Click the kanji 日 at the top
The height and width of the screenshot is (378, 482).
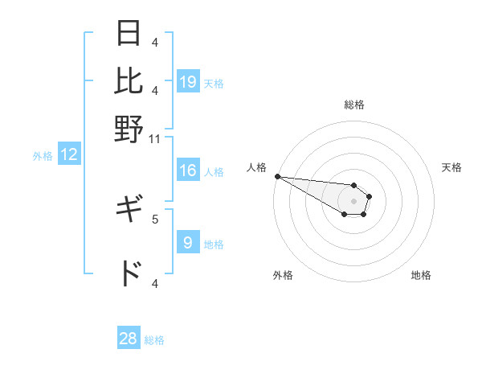tap(129, 34)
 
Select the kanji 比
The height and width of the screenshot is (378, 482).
tap(129, 80)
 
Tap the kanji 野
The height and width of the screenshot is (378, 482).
tap(129, 128)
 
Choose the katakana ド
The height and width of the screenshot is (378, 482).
tap(129, 274)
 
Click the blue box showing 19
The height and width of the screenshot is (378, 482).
tap(188, 82)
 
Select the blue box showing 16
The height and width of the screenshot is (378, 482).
tap(188, 171)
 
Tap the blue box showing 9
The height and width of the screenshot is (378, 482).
tap(188, 242)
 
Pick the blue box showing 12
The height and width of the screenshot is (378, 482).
tap(69, 155)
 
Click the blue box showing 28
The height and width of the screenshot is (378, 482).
tap(129, 339)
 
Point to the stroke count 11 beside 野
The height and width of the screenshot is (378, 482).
tap(155, 138)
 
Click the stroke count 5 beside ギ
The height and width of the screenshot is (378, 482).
tap(155, 217)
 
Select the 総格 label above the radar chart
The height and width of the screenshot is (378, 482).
tap(354, 105)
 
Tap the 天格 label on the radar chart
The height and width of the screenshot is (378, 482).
tap(451, 167)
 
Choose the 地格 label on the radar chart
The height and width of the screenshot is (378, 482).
tap(421, 275)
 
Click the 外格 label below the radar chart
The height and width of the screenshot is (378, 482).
tap(283, 275)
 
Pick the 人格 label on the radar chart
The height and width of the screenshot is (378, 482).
tap(256, 167)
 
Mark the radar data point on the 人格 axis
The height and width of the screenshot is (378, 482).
tap(276, 176)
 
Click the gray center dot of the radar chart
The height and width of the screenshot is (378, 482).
tap(354, 201)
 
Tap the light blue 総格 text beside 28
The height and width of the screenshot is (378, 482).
tap(154, 340)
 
